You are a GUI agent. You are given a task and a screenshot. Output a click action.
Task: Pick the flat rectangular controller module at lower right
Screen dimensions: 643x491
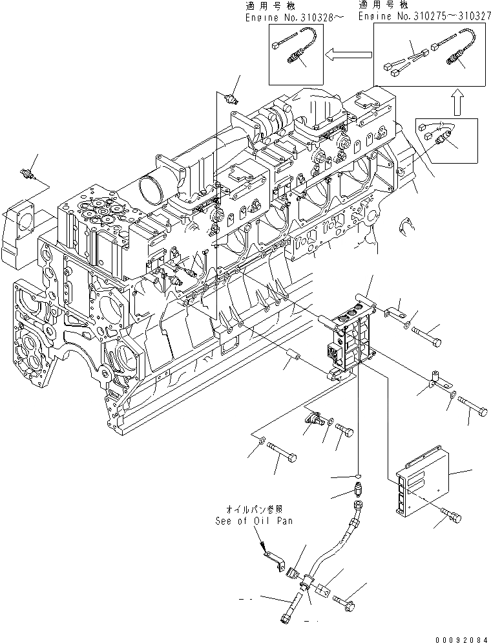click(420, 479)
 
